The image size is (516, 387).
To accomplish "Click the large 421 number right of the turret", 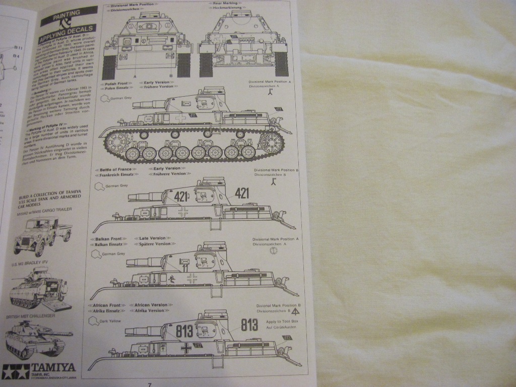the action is [242, 193].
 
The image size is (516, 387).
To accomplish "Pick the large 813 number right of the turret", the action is [249, 326].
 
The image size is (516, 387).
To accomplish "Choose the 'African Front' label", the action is [107, 305].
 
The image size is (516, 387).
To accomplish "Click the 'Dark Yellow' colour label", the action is [110, 320].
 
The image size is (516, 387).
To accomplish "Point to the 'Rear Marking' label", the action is [226, 4].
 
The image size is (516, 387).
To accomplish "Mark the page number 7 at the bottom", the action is [150, 384].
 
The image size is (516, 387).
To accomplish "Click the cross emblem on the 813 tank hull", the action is [186, 347].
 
